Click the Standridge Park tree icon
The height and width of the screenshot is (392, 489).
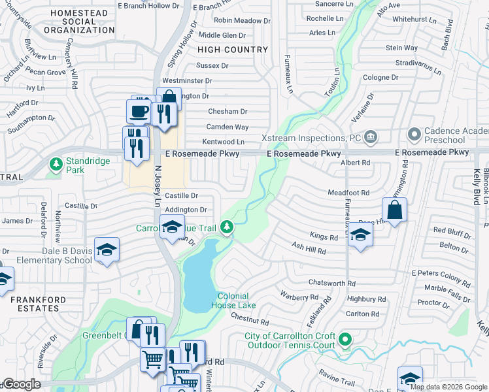coord(57,163)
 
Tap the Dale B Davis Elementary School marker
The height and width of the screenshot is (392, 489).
coord(107,250)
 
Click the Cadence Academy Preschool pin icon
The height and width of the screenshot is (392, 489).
coord(414,135)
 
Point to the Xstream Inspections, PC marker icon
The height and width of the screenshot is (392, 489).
coord(371,137)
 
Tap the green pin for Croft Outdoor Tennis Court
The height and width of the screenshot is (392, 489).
coord(346,340)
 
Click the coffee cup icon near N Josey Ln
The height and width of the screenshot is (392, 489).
coord(139,111)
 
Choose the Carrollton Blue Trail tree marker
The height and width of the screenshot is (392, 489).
coord(227,227)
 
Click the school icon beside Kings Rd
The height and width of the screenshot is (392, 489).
coord(360,235)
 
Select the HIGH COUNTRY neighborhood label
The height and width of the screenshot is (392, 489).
coord(233,50)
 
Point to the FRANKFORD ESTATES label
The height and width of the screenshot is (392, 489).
coord(35,304)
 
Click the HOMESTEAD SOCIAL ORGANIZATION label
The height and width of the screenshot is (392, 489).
coord(83,22)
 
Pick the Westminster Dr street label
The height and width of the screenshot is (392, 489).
coord(187,80)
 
